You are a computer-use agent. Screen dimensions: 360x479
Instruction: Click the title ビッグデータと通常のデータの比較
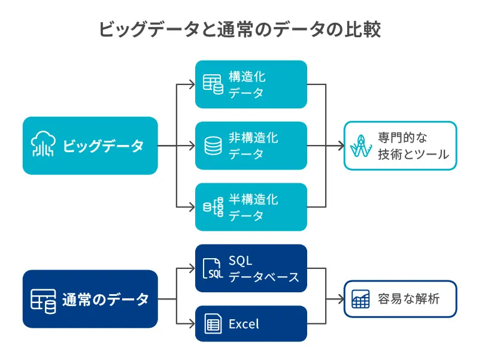click(x=239, y=29)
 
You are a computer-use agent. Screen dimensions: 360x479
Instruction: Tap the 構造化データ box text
click(x=247, y=84)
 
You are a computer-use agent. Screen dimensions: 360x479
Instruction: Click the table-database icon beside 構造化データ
click(x=213, y=84)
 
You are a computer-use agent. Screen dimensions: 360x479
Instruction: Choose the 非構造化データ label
click(x=253, y=146)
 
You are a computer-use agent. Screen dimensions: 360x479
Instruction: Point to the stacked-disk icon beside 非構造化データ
click(x=213, y=146)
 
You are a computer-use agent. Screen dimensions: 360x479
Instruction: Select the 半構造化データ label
click(x=253, y=207)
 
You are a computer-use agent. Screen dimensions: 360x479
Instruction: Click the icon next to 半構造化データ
click(x=213, y=207)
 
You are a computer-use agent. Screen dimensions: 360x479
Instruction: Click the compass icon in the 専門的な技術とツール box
click(x=362, y=146)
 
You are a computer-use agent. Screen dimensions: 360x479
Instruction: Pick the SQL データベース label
click(x=263, y=268)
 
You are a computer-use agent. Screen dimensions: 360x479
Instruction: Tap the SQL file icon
click(x=213, y=269)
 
